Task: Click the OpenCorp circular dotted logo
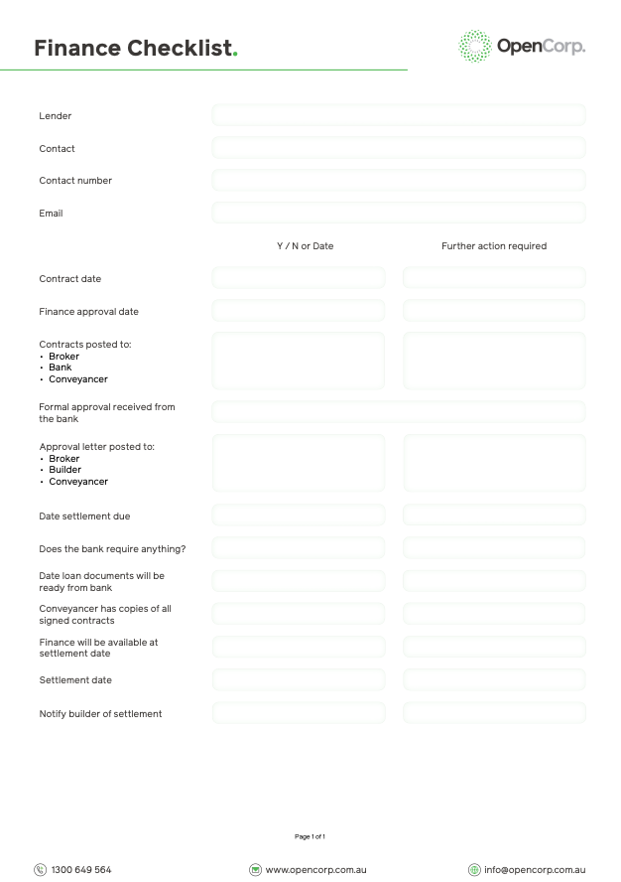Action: (x=475, y=46)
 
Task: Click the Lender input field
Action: (x=398, y=115)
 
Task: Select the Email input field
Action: (x=398, y=213)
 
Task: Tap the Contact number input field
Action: (x=398, y=181)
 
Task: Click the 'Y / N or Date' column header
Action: (x=305, y=246)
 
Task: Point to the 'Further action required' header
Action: (x=494, y=246)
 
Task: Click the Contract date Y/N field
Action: (x=298, y=278)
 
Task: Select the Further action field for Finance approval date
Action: (x=494, y=311)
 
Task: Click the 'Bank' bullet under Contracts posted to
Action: (x=61, y=367)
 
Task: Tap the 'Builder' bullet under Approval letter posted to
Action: (x=64, y=470)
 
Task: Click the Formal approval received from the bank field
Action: (x=398, y=412)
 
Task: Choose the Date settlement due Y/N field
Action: (x=298, y=515)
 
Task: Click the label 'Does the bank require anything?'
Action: (x=112, y=549)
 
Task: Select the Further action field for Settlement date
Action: (x=494, y=680)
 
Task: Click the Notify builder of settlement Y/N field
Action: (x=298, y=713)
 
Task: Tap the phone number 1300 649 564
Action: (x=80, y=870)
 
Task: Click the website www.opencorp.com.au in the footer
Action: (x=315, y=870)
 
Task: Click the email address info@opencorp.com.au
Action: (x=534, y=870)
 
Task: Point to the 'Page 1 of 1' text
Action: (x=310, y=836)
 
